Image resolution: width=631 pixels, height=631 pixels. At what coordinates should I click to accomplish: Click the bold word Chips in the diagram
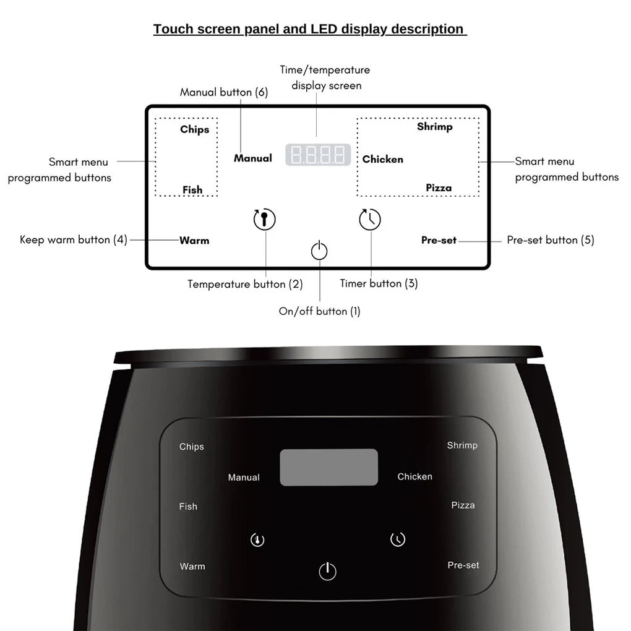194,129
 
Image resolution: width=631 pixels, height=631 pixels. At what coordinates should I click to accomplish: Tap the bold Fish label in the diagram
192,190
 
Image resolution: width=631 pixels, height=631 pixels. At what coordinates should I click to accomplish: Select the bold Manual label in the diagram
252,158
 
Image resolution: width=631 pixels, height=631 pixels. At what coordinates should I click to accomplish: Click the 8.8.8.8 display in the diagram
318,155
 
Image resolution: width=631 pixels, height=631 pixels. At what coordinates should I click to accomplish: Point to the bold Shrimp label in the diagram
434,127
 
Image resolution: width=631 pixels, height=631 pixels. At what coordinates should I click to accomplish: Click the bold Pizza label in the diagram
439,188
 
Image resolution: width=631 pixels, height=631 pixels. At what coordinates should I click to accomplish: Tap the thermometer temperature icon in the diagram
265,219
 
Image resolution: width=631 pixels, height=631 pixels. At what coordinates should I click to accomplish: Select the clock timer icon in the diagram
370,219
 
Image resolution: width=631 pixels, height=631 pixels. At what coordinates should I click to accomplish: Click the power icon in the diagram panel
319,251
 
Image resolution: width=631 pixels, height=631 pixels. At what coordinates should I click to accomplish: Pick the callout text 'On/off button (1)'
319,311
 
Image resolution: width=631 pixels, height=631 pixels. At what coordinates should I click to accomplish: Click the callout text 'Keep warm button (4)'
74,240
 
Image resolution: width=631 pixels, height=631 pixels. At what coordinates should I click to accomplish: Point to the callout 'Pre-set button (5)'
550,240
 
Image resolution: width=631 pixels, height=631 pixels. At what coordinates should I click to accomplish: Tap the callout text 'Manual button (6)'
224,92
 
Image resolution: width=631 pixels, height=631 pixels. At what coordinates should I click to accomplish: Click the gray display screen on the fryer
328,467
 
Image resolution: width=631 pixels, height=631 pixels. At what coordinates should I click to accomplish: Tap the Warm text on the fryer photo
192,566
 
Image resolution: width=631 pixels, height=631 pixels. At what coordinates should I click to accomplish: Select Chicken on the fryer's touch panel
414,476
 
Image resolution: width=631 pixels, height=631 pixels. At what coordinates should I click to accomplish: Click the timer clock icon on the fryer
398,539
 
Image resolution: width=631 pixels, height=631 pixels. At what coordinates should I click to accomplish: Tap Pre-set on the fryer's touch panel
463,565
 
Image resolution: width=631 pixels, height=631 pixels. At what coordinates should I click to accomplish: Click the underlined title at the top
309,29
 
